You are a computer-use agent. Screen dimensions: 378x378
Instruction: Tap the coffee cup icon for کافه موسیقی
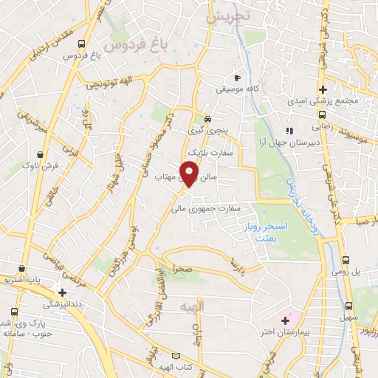[x=236, y=78]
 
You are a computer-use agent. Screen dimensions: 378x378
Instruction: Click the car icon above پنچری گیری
[x=208, y=118]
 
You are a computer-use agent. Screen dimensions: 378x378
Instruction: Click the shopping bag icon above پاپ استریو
[x=27, y=269]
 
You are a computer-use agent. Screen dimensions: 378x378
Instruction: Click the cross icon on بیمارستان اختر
[x=285, y=320]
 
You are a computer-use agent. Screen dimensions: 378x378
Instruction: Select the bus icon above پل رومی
[x=346, y=260]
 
